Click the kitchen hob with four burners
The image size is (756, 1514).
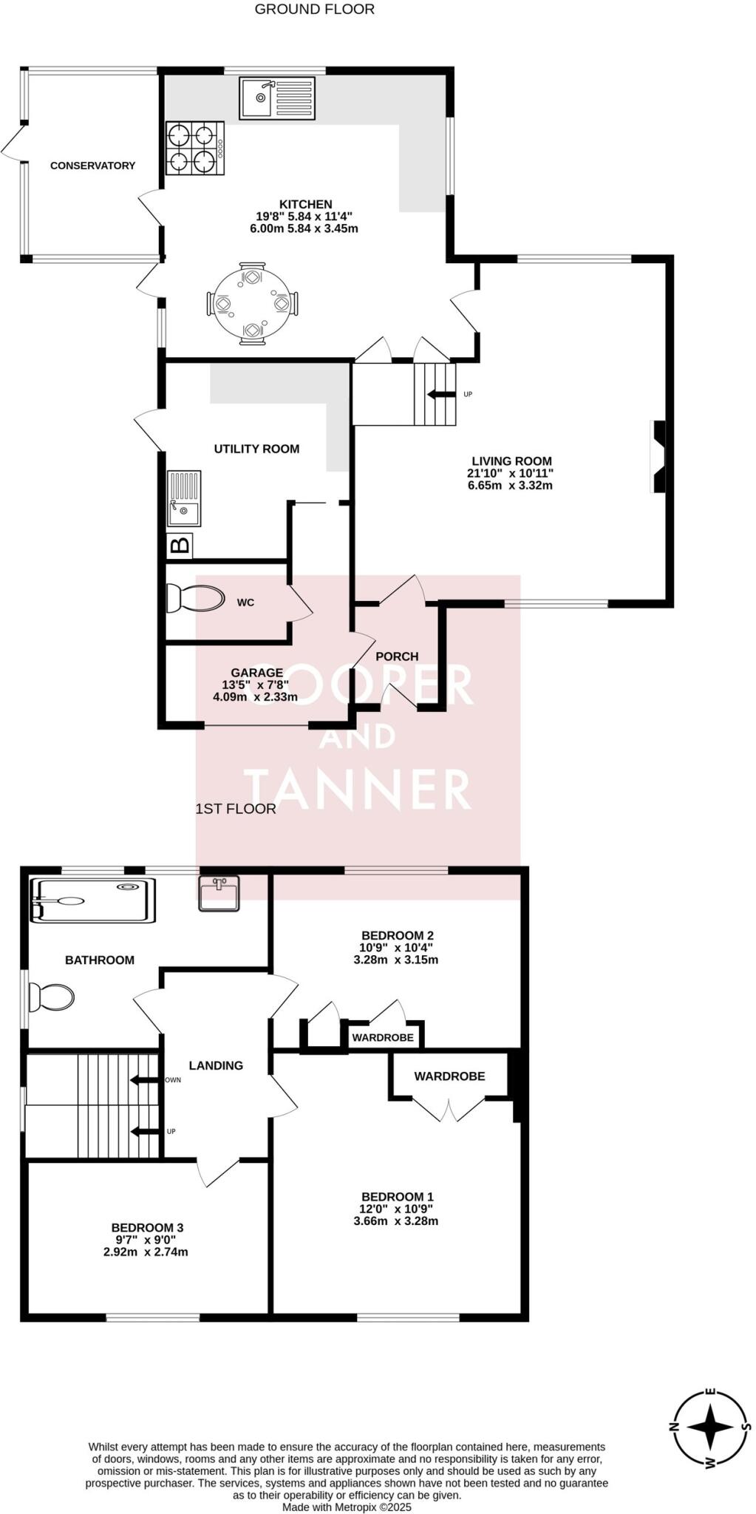tap(195, 148)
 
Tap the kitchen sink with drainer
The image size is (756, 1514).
tap(277, 98)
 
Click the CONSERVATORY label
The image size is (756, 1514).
tap(92, 166)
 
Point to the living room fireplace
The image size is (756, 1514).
tap(657, 456)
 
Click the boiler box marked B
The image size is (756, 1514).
tap(180, 546)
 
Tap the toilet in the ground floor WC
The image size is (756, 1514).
tap(195, 599)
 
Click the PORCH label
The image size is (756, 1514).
tap(397, 656)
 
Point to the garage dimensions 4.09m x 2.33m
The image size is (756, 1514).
tap(255, 696)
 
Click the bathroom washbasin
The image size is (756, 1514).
tap(219, 893)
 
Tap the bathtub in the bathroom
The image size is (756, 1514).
tap(92, 900)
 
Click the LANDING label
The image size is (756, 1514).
tap(216, 1065)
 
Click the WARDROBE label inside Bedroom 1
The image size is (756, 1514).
tap(449, 1076)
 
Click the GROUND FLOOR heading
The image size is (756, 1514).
tap(315, 10)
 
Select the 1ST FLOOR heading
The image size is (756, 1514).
tap(235, 809)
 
